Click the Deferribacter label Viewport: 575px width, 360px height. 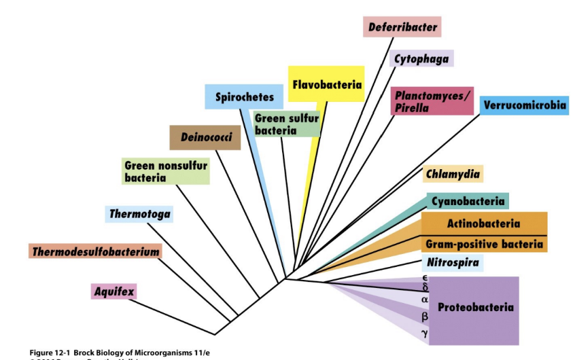[x=402, y=27]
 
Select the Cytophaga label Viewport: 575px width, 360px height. [x=421, y=58]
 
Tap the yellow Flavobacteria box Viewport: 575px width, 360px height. [x=326, y=85]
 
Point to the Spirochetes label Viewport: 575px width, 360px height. [x=244, y=97]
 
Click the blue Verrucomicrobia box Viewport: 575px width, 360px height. [x=524, y=106]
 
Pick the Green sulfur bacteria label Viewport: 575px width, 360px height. [x=285, y=124]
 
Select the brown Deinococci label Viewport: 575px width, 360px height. [x=205, y=137]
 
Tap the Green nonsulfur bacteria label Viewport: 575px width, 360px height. [x=166, y=171]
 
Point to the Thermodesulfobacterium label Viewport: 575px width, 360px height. [x=95, y=252]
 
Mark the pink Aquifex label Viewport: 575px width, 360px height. [x=114, y=292]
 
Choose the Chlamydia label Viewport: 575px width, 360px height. [x=453, y=174]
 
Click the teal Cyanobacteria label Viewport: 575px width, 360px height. [x=468, y=201]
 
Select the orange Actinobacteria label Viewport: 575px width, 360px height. [x=483, y=223]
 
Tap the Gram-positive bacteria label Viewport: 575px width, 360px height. [x=484, y=244]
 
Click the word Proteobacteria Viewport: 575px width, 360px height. [x=475, y=308]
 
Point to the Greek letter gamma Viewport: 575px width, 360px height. [x=425, y=332]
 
